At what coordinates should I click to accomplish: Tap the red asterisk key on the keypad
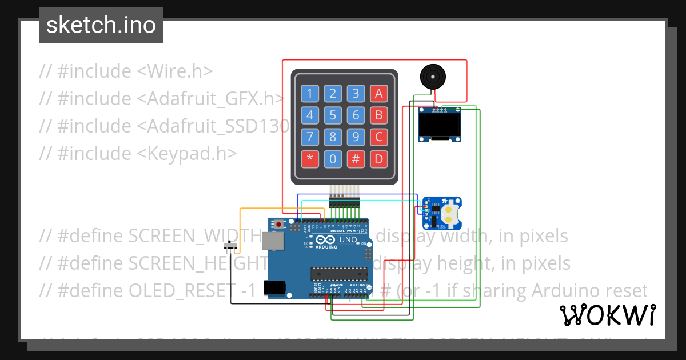coord(310,159)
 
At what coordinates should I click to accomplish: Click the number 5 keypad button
coord(333,115)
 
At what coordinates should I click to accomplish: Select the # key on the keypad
coord(356,159)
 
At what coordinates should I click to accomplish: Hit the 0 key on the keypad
coord(333,159)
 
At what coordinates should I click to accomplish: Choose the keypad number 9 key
coord(356,137)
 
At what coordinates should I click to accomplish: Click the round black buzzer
coord(432,77)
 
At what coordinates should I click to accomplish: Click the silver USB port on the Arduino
coord(273,242)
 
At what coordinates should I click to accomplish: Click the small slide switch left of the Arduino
coord(230,247)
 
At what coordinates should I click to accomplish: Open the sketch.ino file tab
coord(101,25)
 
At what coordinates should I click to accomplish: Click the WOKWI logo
coord(607,315)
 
